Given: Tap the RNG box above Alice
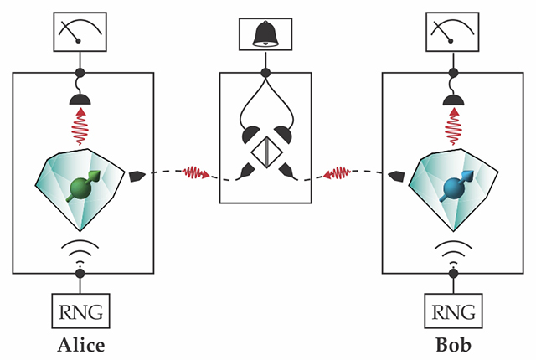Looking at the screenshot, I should pyautogui.click(x=81, y=314).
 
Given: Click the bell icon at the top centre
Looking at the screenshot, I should pyautogui.click(x=266, y=33).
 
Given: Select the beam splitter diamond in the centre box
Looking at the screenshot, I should pyautogui.click(x=265, y=154).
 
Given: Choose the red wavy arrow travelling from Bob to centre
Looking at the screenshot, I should pyautogui.click(x=341, y=173).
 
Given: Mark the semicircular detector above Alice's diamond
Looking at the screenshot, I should pyautogui.click(x=81, y=100).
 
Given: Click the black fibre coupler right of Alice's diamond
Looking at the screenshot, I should pyautogui.click(x=139, y=175).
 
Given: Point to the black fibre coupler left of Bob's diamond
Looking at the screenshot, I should pyautogui.click(x=397, y=175).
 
